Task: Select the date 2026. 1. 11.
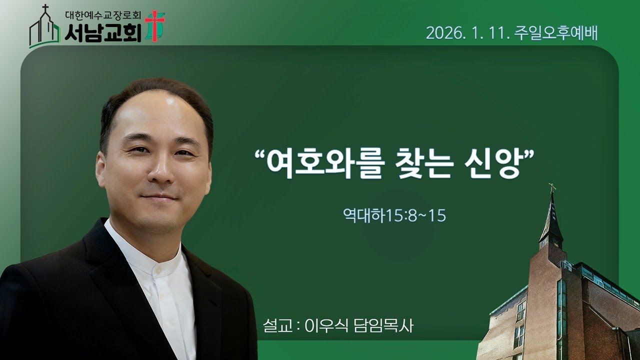coord(467,33)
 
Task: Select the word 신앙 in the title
coord(485,164)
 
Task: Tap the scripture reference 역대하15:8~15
coord(394,215)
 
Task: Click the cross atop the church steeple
coord(552,188)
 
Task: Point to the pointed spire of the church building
coord(552,215)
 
